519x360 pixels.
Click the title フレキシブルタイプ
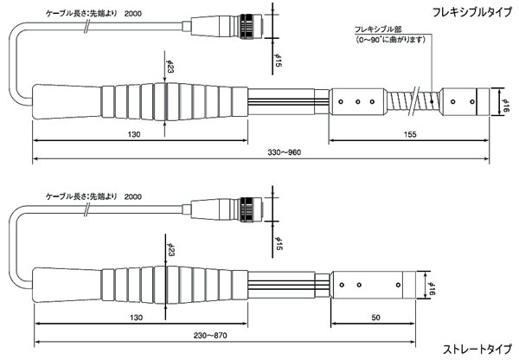pyautogui.click(x=472, y=12)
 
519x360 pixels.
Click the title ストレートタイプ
pyautogui.click(x=477, y=350)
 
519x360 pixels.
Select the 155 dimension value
pyautogui.click(x=410, y=134)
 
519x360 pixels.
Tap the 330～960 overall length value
pyautogui.click(x=285, y=152)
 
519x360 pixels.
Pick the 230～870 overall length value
pyautogui.click(x=210, y=336)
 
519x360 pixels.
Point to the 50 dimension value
pyautogui.click(x=375, y=318)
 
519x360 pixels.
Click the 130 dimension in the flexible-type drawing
pyautogui.click(x=134, y=134)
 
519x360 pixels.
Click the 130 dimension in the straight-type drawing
pyautogui.click(x=136, y=318)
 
